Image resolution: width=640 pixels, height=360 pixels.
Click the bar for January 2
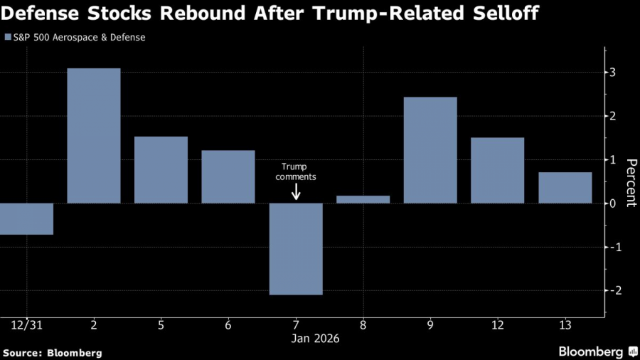tap(94, 136)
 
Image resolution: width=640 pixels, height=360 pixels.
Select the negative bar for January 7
tap(296, 249)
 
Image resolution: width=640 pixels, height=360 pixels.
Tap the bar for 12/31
tap(26, 219)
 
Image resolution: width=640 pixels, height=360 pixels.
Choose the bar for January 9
tap(430, 150)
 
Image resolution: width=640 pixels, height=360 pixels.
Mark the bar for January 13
tap(565, 188)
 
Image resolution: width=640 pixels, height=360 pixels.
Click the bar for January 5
tap(161, 170)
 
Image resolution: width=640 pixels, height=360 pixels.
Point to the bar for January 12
tap(498, 171)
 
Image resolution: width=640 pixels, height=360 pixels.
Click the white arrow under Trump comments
tap(296, 191)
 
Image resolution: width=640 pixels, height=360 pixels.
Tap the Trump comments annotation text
tap(296, 171)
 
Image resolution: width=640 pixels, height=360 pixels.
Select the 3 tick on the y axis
tap(612, 73)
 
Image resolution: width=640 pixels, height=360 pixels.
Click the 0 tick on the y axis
tap(612, 203)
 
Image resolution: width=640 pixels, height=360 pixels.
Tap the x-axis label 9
tap(430, 324)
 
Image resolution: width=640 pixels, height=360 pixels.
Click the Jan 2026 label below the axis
tap(316, 339)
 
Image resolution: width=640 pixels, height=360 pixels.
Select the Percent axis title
tap(629, 182)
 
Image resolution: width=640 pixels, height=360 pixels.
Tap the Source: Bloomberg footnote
tap(53, 352)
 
